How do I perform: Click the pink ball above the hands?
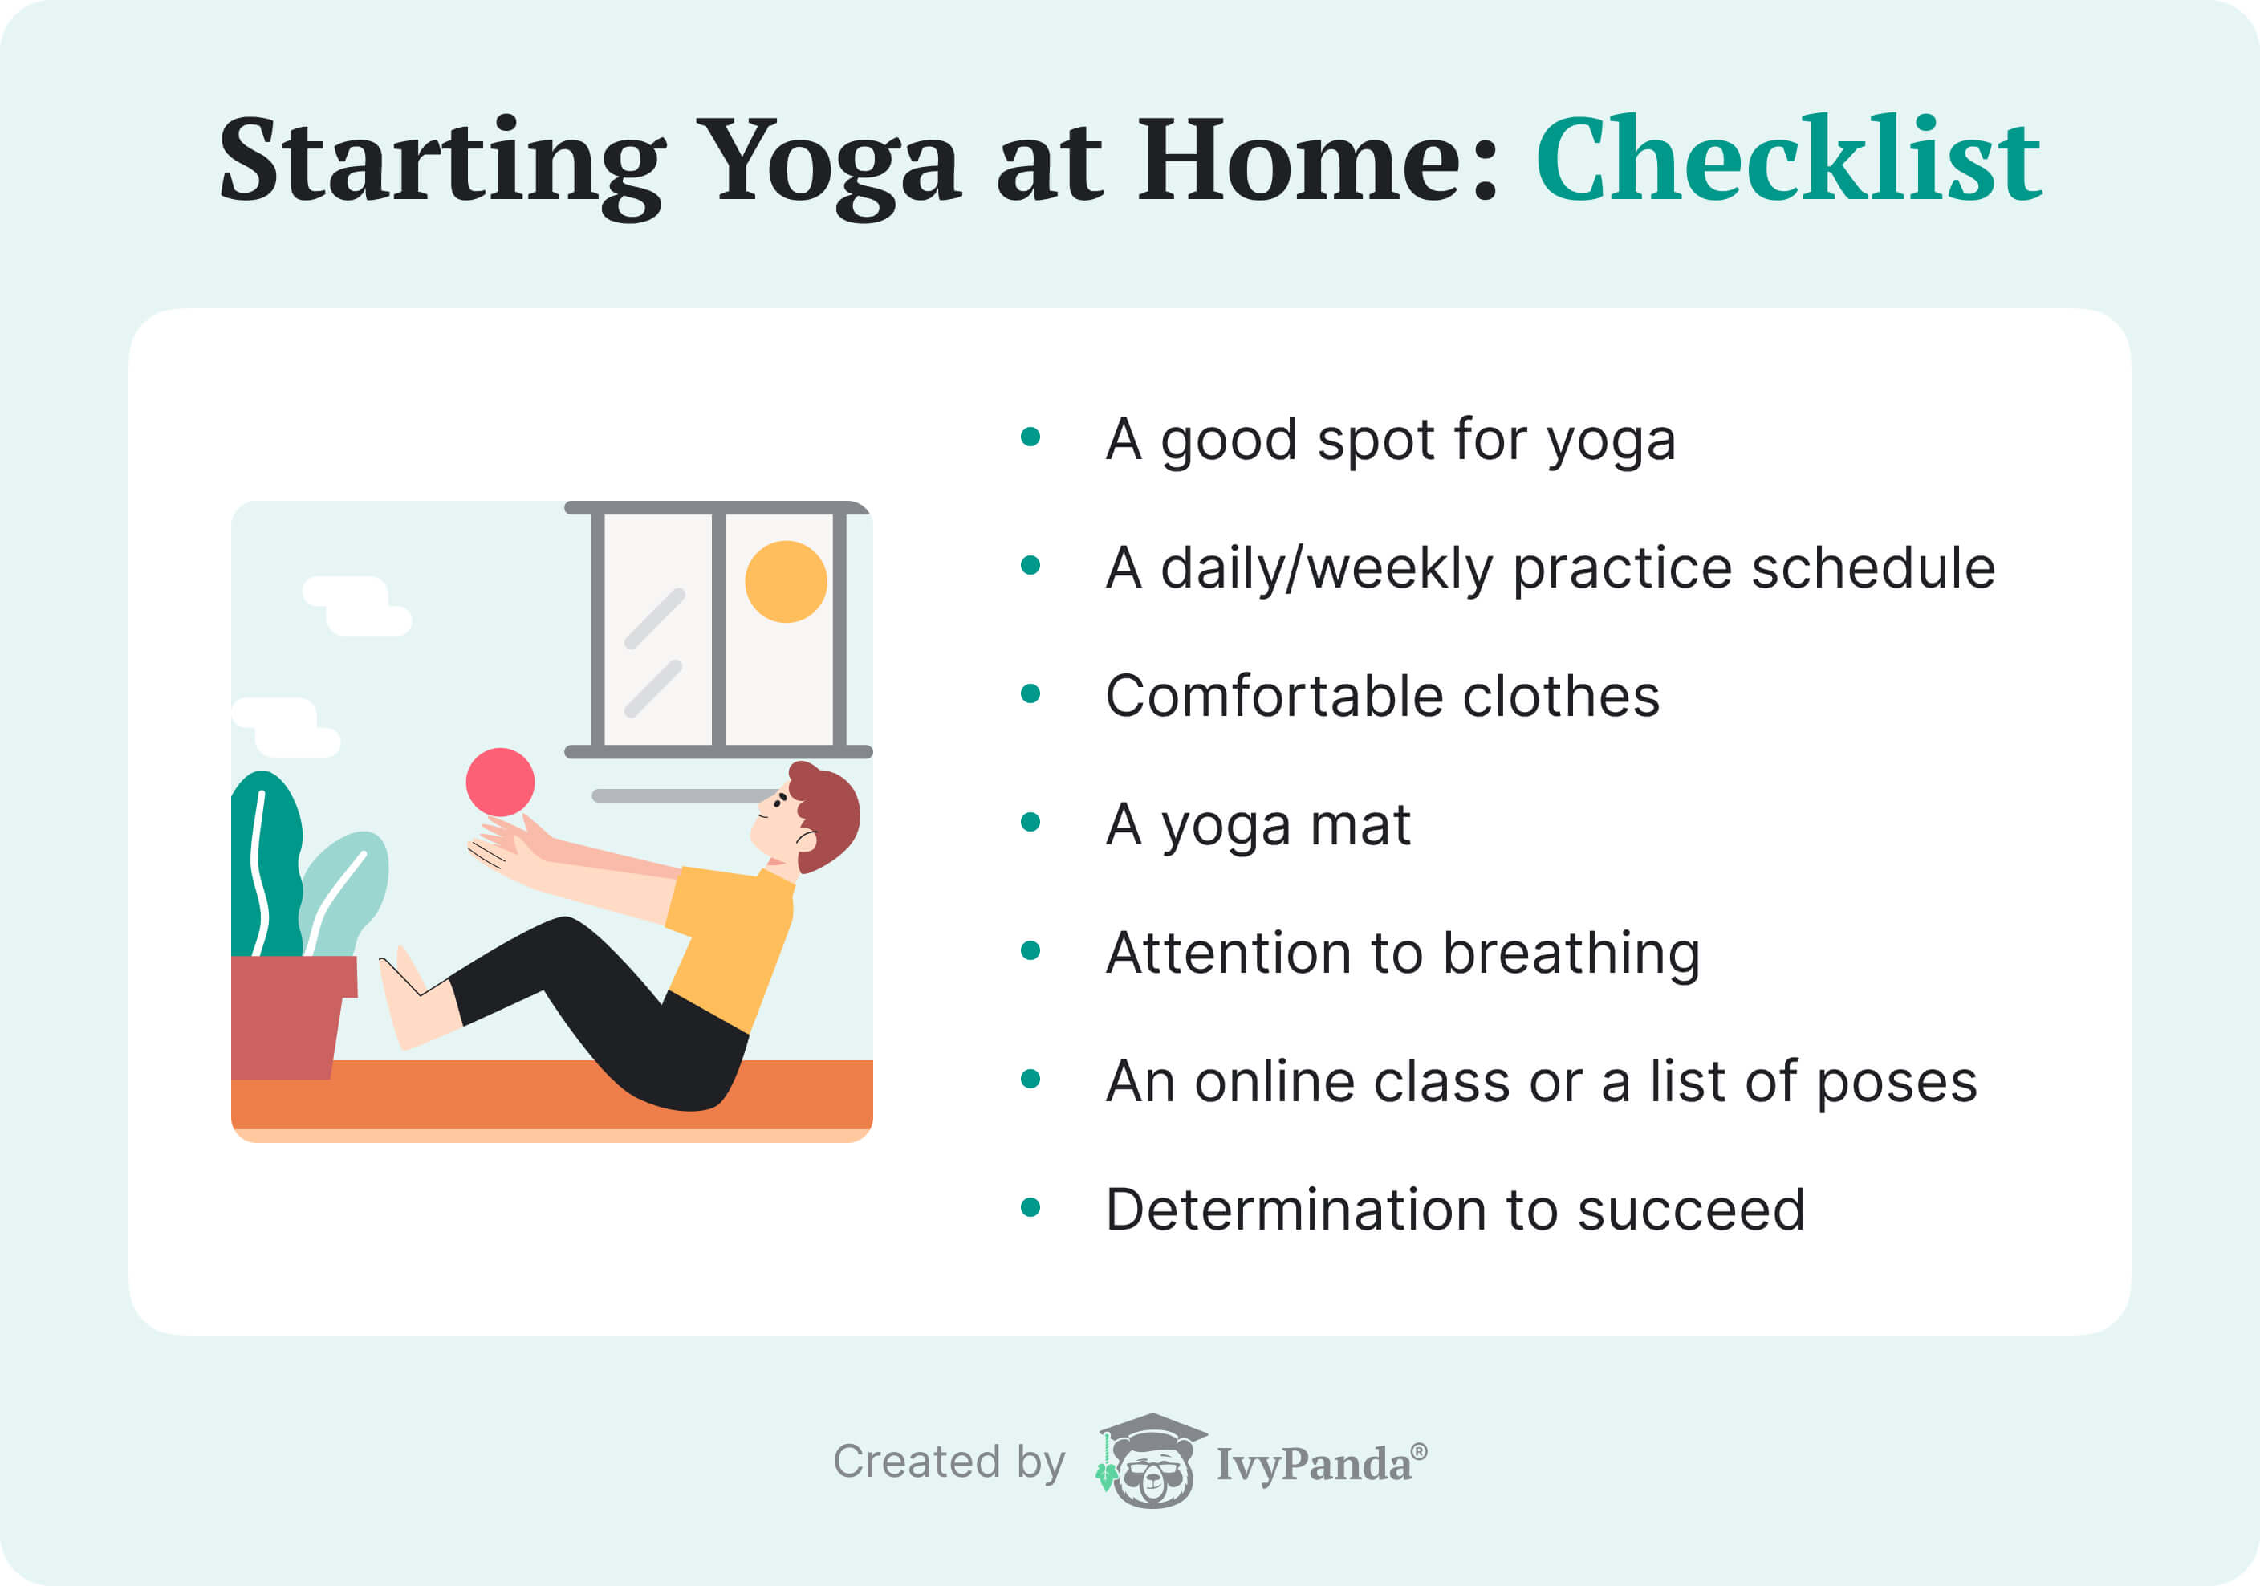click(x=500, y=782)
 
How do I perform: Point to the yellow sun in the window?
click(x=786, y=582)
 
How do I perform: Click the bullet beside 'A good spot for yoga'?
click(x=1030, y=437)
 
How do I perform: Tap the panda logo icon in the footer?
click(x=1151, y=1461)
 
